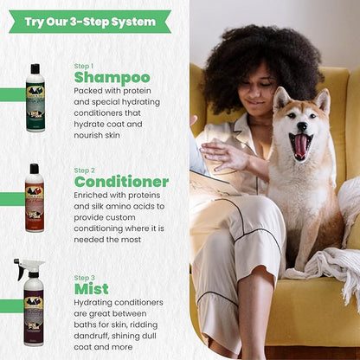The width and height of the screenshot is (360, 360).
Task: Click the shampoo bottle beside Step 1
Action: coord(35,99)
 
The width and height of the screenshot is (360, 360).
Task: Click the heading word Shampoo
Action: coord(112,78)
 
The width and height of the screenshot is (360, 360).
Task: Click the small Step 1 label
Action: coord(83,66)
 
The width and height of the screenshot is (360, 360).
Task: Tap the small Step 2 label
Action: coord(84,169)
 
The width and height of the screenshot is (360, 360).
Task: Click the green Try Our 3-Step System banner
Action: coord(90,21)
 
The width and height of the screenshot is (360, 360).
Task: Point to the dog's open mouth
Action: coord(300,145)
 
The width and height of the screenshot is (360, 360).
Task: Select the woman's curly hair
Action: coord(242,56)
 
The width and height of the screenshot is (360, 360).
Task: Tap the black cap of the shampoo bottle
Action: coord(35,68)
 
